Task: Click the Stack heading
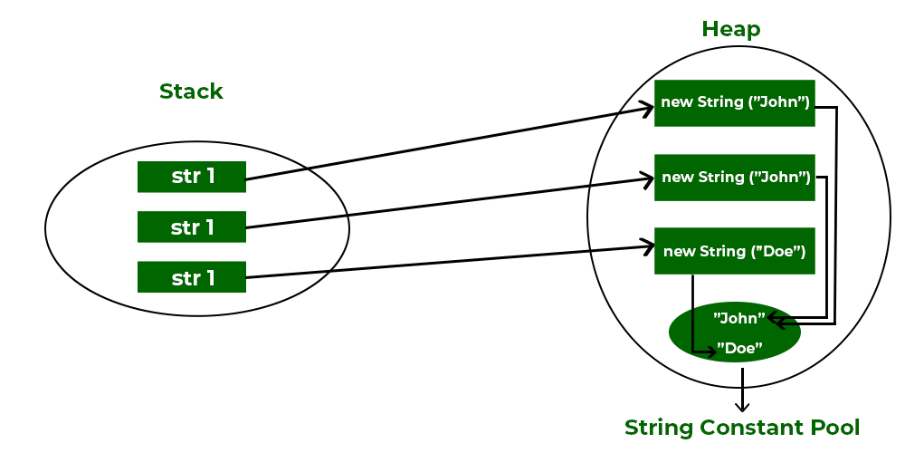pyautogui.click(x=191, y=92)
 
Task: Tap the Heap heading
pyautogui.click(x=731, y=29)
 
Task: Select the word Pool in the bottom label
pyautogui.click(x=834, y=427)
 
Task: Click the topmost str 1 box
pyautogui.click(x=192, y=177)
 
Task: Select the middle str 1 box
pyautogui.click(x=192, y=226)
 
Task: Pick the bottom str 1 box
pyautogui.click(x=192, y=277)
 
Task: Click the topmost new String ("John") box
pyautogui.click(x=735, y=102)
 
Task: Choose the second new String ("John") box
pyautogui.click(x=735, y=177)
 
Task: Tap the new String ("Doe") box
pyautogui.click(x=735, y=251)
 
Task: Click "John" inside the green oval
pyautogui.click(x=739, y=318)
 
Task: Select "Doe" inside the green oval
pyautogui.click(x=739, y=347)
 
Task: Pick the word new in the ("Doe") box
pyautogui.click(x=678, y=251)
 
